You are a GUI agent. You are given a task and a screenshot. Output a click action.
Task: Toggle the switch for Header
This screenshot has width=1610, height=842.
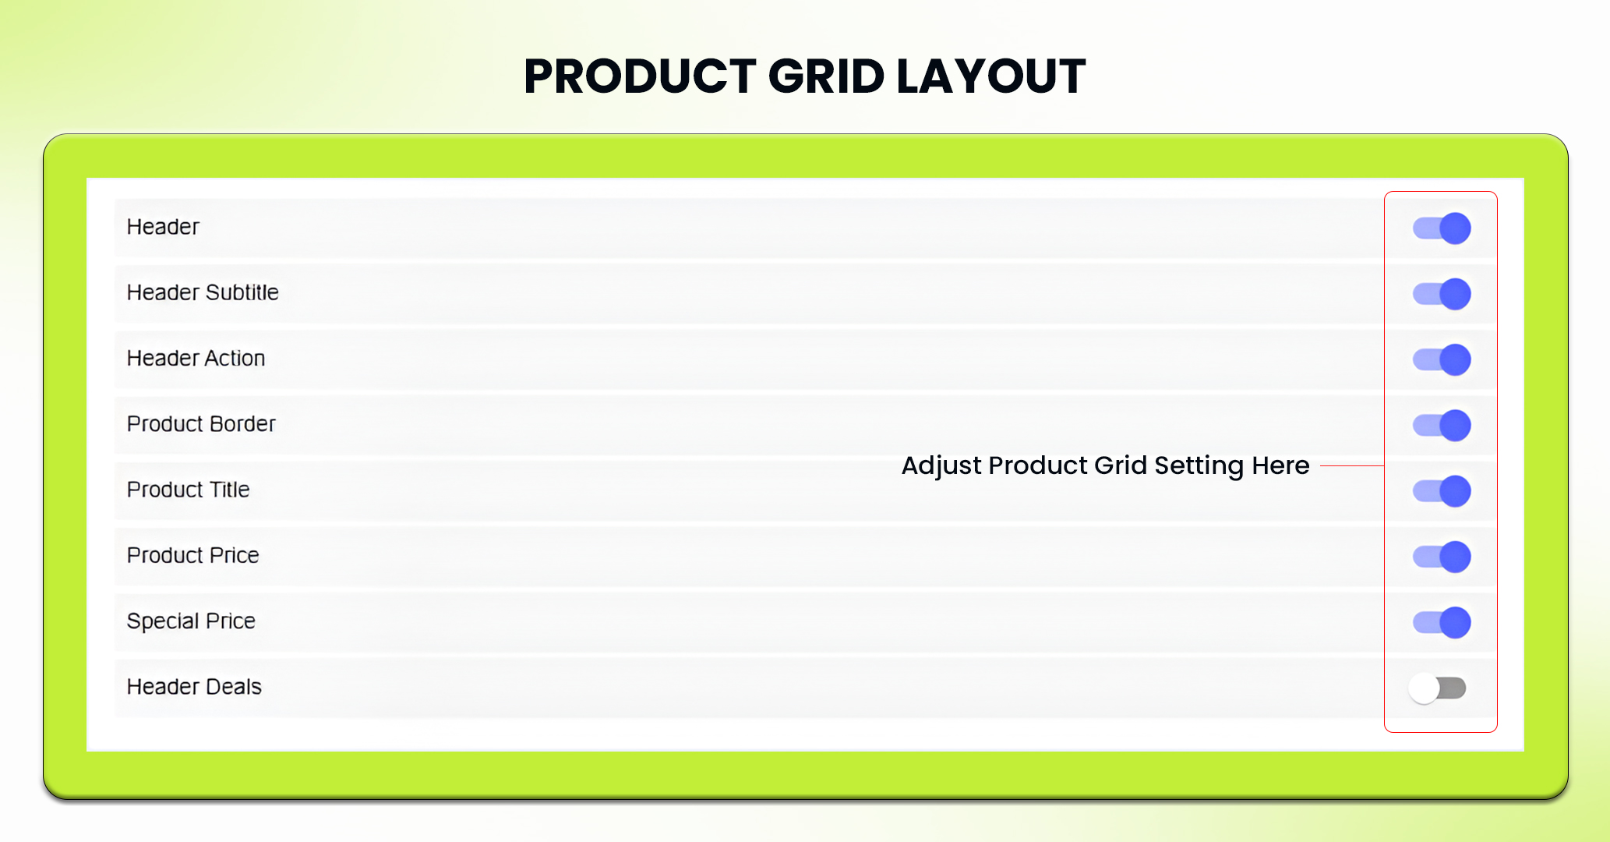pos(1442,228)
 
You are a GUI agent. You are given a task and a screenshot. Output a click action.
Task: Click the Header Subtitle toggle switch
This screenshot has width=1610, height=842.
pos(1442,294)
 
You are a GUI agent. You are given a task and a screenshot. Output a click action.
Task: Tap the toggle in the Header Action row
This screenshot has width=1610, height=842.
pos(1442,359)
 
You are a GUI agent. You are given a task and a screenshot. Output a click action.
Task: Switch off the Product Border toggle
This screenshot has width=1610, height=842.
pos(1442,426)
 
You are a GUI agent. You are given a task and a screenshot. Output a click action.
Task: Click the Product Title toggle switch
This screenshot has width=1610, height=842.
pos(1442,491)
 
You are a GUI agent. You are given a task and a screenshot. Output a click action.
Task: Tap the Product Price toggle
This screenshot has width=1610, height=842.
pos(1442,557)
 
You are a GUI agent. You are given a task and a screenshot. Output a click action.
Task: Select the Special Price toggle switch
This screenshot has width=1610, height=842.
pos(1442,622)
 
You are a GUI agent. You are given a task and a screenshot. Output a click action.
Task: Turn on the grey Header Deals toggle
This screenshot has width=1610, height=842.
pos(1438,688)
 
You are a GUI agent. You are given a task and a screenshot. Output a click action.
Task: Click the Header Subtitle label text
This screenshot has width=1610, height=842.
pos(203,292)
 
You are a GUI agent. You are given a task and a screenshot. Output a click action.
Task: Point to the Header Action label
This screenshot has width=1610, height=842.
pos(196,358)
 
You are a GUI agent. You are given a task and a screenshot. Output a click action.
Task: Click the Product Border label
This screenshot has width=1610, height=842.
pos(201,423)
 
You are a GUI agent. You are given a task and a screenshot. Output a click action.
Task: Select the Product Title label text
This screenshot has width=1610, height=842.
pos(189,490)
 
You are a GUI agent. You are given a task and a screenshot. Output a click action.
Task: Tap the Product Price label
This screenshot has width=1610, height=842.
pos(193,555)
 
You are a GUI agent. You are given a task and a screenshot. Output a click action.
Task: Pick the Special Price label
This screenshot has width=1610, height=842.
pos(191,621)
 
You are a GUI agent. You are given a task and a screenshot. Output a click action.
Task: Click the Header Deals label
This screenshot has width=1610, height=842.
pos(194,687)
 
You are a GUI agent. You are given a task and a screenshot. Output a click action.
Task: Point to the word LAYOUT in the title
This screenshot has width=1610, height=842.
pos(991,76)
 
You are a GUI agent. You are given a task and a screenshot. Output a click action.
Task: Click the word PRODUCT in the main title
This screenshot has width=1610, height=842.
pos(640,76)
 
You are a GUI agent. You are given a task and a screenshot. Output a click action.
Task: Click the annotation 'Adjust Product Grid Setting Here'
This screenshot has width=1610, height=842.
pos(1105,465)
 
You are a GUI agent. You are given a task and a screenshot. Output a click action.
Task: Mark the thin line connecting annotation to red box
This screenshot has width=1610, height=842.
pos(1352,465)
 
